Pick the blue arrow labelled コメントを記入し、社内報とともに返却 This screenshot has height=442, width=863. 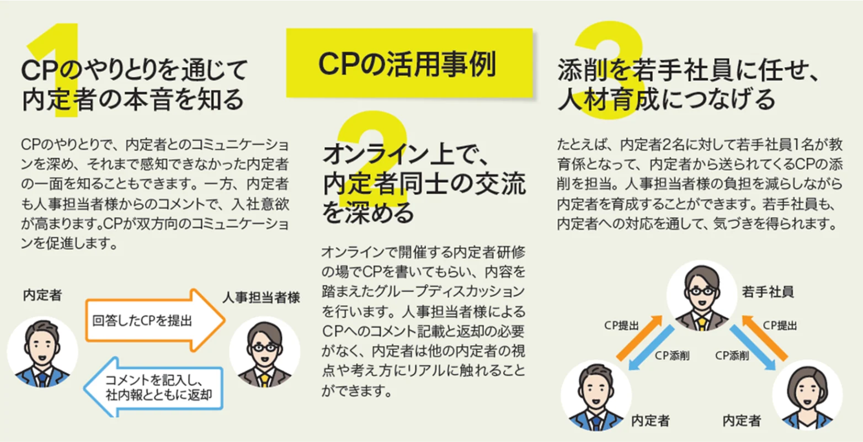pos(155,387)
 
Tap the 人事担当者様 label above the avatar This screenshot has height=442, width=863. pos(261,297)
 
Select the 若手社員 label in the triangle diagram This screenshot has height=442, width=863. pos(768,292)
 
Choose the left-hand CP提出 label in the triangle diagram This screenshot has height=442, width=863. pos(621,326)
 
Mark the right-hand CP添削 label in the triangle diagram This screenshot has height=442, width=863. pos(733,356)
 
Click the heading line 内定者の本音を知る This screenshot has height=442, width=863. pos(132,100)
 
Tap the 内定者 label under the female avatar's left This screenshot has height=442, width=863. pos(742,421)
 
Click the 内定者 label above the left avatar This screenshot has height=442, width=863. pos(42,295)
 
